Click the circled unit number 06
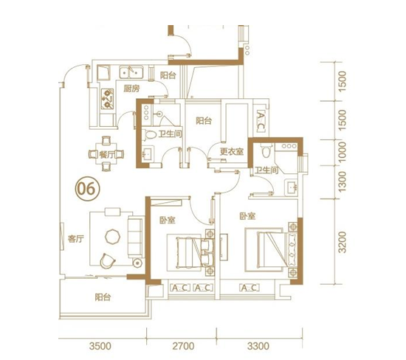click(x=87, y=189)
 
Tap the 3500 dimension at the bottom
click(x=100, y=346)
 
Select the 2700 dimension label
click(x=183, y=346)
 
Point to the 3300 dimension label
click(x=258, y=346)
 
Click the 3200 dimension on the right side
click(x=343, y=242)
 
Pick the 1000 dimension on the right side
click(x=343, y=152)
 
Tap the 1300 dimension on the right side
click(x=343, y=181)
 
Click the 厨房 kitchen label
click(x=131, y=89)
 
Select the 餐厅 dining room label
click(x=106, y=155)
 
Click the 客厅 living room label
click(x=76, y=238)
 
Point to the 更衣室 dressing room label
click(x=232, y=151)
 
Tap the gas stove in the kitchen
click(x=107, y=99)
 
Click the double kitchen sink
click(x=131, y=72)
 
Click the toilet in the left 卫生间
click(x=150, y=134)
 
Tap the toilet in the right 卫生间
click(x=266, y=150)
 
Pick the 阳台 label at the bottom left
click(x=103, y=297)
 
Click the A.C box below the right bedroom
click(x=250, y=288)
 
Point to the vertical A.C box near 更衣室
click(x=261, y=120)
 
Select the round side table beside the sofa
click(x=137, y=263)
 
